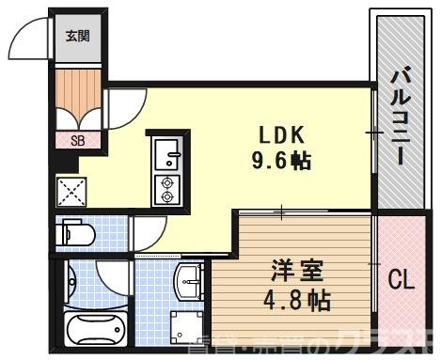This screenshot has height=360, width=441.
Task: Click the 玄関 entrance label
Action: point(76,37)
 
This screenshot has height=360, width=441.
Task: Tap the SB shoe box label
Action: point(77,141)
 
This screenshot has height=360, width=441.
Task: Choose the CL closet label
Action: point(402,281)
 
